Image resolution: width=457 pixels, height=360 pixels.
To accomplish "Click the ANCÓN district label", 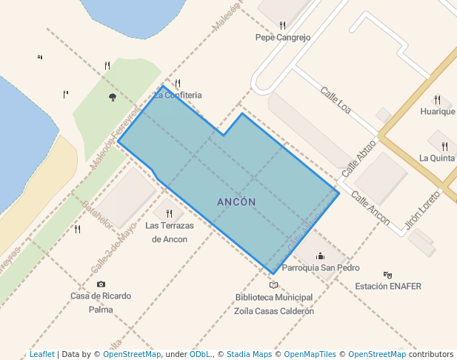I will [x=236, y=202].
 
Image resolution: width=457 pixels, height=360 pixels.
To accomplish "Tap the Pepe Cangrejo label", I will [x=282, y=37].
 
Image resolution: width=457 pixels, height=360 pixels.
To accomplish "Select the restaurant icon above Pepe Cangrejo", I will [x=282, y=26].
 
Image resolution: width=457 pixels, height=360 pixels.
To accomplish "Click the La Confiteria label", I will [x=178, y=96].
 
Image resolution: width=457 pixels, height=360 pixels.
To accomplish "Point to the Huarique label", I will [x=437, y=112].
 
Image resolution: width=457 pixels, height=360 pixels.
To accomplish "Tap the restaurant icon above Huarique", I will [x=438, y=100].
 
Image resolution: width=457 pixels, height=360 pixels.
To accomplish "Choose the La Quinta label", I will [x=436, y=158].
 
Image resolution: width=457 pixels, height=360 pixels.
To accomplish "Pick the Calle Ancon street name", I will [x=370, y=208].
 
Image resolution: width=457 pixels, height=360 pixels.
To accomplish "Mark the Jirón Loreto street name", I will [x=423, y=210].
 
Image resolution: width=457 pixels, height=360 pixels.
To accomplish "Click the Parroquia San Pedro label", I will [x=321, y=268].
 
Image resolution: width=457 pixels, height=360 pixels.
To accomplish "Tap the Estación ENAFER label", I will [x=388, y=286].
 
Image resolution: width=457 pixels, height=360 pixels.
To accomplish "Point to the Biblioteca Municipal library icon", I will [x=273, y=285].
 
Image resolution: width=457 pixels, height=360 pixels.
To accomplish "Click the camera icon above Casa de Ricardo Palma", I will [x=101, y=284].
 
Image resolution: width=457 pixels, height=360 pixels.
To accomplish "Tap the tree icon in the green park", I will [x=113, y=97].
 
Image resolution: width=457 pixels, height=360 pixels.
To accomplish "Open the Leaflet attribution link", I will [x=42, y=354].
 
